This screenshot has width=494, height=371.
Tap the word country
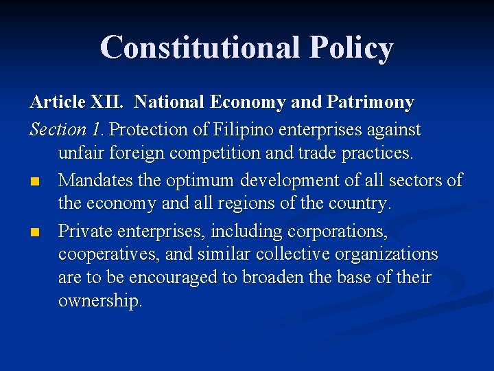(x=360, y=204)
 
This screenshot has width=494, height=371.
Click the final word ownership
(x=100, y=302)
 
